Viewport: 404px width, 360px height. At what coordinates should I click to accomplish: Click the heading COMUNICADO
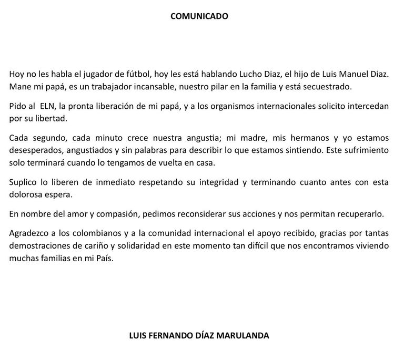pos(199,16)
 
